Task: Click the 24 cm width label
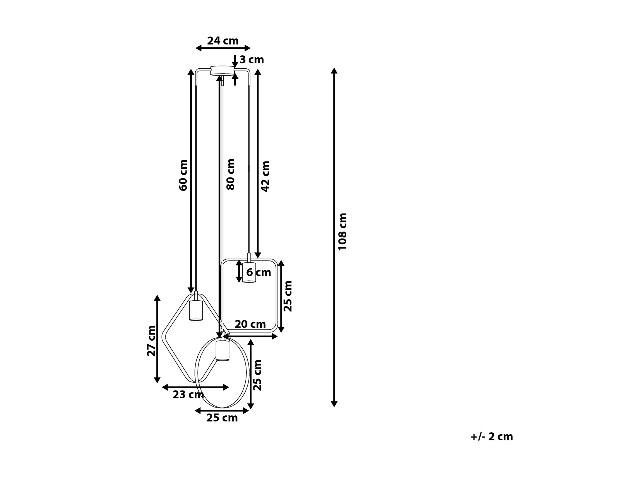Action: pos(223,41)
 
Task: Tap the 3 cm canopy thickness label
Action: pos(252,60)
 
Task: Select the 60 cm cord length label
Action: pos(183,175)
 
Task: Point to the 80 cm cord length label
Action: pos(231,174)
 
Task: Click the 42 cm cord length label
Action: pos(265,176)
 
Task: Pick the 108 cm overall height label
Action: pos(342,232)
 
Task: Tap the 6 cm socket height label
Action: pos(258,272)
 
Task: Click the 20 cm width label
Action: pos(250,324)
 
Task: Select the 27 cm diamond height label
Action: pos(151,341)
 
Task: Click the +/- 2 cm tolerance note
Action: pos(491,437)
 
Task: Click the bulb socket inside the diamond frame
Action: pos(196,310)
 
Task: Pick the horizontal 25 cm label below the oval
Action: pos(222,418)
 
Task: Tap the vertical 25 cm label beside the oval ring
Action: pos(257,375)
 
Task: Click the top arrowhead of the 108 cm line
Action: pos(334,71)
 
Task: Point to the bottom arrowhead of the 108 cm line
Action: pos(334,404)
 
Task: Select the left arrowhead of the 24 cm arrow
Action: pos(198,48)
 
